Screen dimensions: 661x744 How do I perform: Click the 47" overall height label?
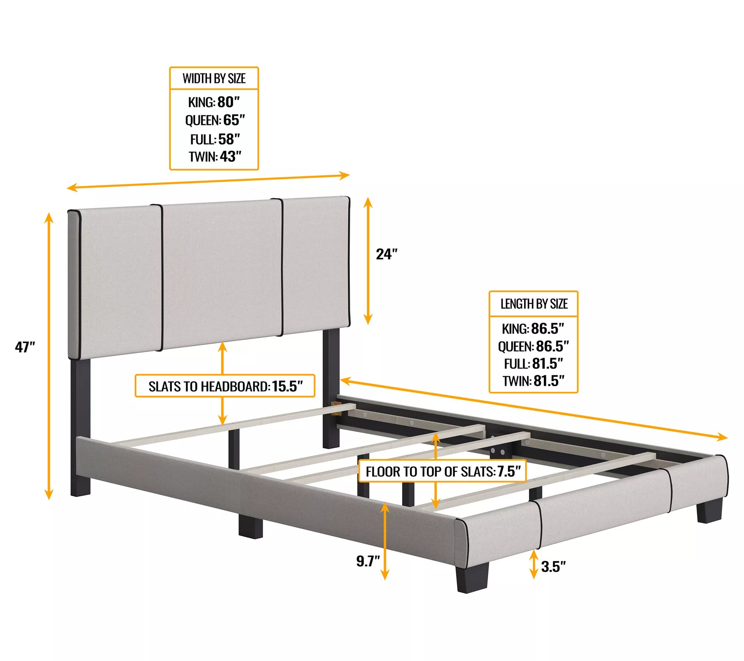tap(25, 347)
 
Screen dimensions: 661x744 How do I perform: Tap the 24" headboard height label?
tap(386, 254)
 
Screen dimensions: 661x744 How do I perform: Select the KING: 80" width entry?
tap(214, 102)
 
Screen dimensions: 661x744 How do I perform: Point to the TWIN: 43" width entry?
tap(215, 157)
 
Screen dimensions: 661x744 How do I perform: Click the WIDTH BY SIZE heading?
tap(214, 79)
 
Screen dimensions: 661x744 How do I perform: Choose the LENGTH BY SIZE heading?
tap(533, 304)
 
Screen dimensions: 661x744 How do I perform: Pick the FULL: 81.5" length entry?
tap(533, 364)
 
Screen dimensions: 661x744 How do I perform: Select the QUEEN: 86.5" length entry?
tap(533, 346)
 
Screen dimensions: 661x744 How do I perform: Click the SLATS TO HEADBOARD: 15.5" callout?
tap(225, 386)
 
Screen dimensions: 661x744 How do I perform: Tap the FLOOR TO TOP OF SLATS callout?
tap(443, 471)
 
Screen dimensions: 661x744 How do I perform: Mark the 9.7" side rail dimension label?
tap(368, 561)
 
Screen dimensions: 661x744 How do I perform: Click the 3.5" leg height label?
tap(553, 567)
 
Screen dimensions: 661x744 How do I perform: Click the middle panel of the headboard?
tap(222, 275)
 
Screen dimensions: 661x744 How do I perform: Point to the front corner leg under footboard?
tap(471, 578)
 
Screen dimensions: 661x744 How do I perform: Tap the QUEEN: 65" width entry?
tap(215, 120)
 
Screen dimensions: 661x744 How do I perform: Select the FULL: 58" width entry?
tap(215, 139)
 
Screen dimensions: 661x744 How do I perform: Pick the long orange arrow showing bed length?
tap(533, 409)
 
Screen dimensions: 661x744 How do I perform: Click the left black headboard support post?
tap(80, 428)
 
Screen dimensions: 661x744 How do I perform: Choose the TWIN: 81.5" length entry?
tap(533, 381)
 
